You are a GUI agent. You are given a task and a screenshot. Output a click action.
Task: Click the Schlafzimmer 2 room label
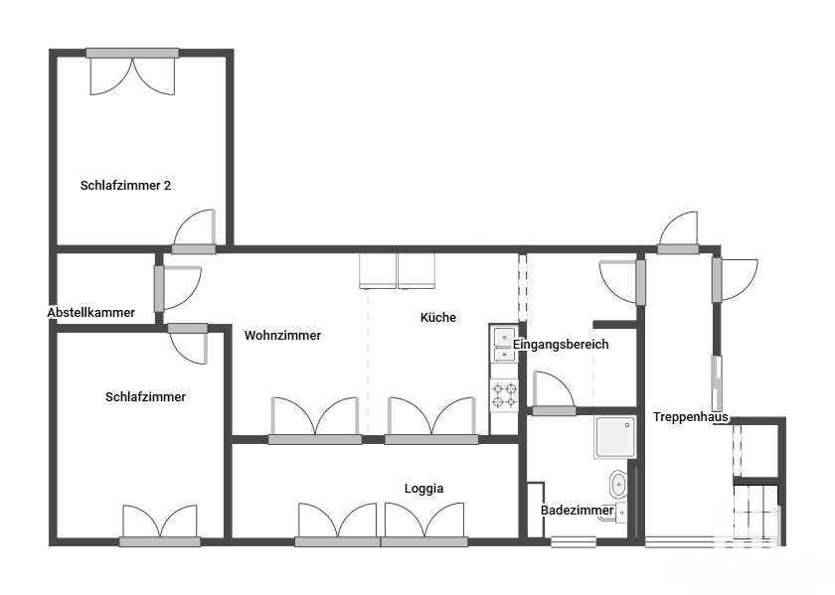(x=125, y=185)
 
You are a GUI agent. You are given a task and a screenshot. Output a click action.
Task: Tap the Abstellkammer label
(x=91, y=313)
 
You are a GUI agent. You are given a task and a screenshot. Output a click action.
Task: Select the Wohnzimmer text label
(x=282, y=336)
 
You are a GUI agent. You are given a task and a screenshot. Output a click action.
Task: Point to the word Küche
(x=437, y=317)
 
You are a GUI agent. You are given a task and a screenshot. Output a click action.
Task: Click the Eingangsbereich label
(x=561, y=345)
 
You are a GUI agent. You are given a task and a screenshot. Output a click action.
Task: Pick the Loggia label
(x=423, y=489)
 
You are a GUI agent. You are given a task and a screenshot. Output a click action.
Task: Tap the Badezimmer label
(x=578, y=511)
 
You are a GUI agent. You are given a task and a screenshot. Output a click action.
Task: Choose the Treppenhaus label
(x=691, y=417)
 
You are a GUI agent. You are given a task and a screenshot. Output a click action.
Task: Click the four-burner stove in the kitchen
(x=504, y=395)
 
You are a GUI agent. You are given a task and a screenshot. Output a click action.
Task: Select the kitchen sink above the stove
(x=504, y=345)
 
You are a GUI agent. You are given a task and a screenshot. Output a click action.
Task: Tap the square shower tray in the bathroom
(x=615, y=437)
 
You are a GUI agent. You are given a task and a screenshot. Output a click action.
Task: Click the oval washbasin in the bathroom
(x=617, y=485)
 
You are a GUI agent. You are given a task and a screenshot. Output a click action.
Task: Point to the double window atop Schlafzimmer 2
(x=132, y=72)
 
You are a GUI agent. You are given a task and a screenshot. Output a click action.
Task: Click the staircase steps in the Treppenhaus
(x=755, y=512)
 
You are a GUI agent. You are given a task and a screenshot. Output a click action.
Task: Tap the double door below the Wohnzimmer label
(x=315, y=420)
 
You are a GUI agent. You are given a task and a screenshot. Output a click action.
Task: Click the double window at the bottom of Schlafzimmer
(x=160, y=525)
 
